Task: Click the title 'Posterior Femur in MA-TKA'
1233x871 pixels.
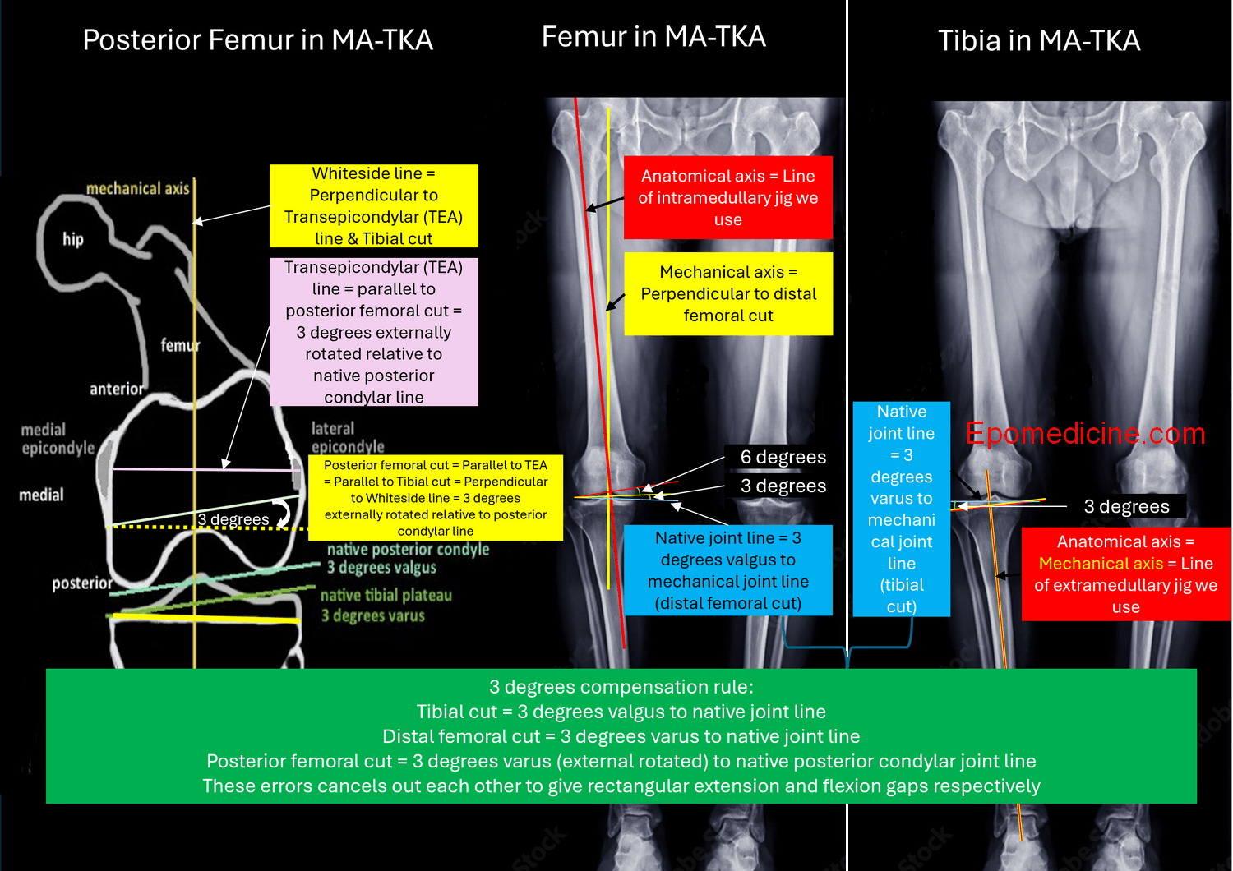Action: coord(257,40)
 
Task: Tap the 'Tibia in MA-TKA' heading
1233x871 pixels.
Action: coord(1039,41)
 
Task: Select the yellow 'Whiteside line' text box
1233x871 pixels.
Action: coord(374,206)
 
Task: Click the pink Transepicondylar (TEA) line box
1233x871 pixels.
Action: coord(374,332)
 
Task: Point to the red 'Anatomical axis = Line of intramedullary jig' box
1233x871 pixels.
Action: coord(727,198)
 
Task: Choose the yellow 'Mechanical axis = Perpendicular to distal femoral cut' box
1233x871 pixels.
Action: coord(728,294)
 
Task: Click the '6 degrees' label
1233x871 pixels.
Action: coord(783,457)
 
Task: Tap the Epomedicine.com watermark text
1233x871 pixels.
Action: coord(1085,434)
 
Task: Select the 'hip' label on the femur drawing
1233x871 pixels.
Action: coord(73,239)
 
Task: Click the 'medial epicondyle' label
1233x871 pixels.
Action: coord(58,439)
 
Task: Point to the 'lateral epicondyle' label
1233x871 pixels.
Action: coord(347,437)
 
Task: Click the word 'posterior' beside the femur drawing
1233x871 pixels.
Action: coord(82,583)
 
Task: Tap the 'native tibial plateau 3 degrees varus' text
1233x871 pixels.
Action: coord(386,606)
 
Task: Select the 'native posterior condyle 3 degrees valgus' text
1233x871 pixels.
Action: coord(408,559)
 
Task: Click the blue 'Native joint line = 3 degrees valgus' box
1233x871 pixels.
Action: coord(727,570)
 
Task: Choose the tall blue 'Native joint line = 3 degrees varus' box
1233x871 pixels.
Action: coord(901,509)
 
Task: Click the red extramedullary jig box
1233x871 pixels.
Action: coord(1125,574)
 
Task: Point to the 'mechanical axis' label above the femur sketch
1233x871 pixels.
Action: coord(137,189)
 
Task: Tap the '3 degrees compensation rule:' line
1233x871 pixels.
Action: coord(621,687)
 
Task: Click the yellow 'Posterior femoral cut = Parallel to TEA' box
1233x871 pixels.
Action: coord(435,498)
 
